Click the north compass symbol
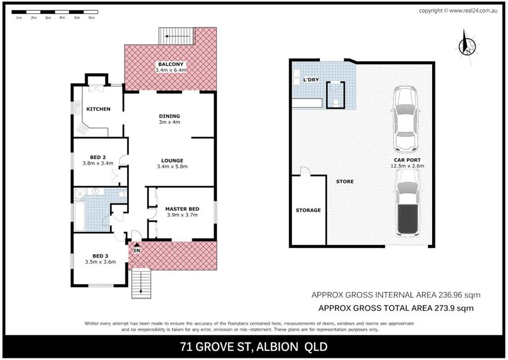tap(467, 43)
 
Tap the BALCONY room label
tap(171, 64)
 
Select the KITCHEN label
tap(98, 109)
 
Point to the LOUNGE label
tap(172, 160)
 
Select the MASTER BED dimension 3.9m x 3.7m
tap(182, 215)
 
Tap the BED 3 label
tap(94, 256)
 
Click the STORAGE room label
tap(308, 211)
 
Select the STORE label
tap(345, 181)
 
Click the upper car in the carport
tap(406, 120)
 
